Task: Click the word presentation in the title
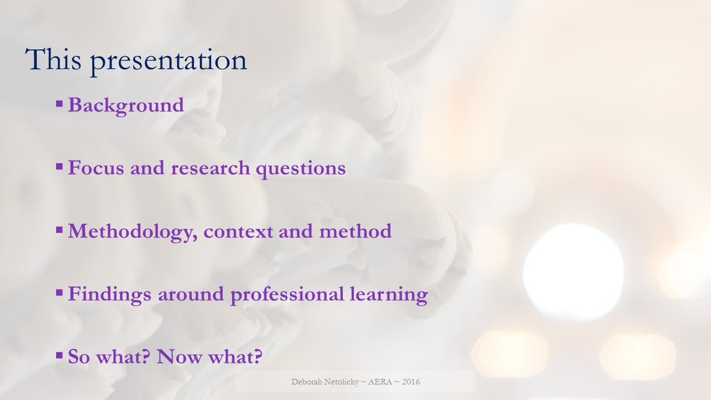tap(169, 62)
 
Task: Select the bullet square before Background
tap(59, 104)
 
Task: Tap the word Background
tap(126, 106)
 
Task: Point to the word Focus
tap(96, 168)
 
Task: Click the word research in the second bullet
tap(211, 168)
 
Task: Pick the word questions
tap(301, 169)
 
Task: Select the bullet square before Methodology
tap(59, 229)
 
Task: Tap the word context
tap(238, 231)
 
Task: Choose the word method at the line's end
tap(355, 231)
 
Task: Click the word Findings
tap(110, 294)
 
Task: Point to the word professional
tap(287, 294)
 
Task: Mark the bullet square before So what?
tap(59, 355)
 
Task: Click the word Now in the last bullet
tap(179, 356)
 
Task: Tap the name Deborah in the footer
tap(307, 382)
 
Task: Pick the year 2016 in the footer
tap(411, 382)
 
